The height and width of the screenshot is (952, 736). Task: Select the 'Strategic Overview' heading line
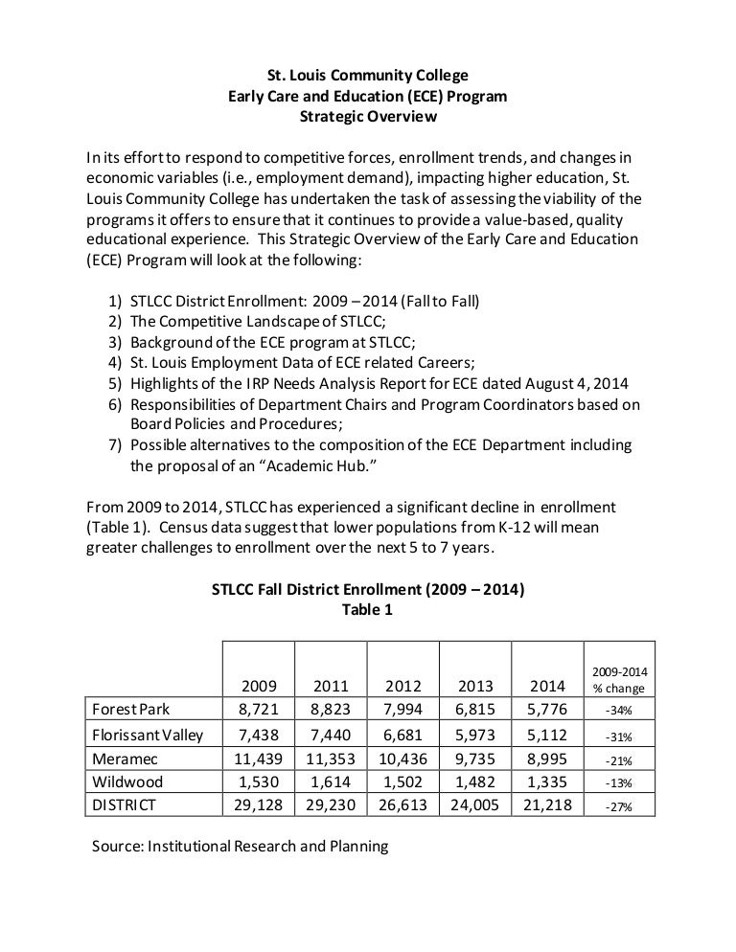[x=368, y=117]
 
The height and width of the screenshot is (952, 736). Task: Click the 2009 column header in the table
[x=259, y=686]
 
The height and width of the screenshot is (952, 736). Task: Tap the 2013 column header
[x=474, y=686]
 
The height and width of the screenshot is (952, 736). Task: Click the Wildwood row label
[x=127, y=782]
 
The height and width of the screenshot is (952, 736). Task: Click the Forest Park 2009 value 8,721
[x=259, y=710]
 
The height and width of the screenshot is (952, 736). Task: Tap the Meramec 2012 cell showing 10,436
[x=402, y=759]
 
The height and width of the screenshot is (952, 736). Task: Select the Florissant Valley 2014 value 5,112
[x=547, y=735]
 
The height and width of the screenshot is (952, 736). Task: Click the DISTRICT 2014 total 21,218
[x=547, y=805]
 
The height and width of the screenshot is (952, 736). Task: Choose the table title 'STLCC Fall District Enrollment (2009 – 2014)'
[x=367, y=590]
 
